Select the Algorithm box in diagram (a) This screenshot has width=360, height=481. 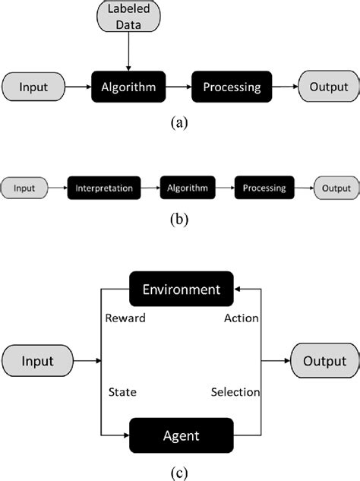click(x=128, y=87)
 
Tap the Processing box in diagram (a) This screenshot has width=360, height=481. click(x=231, y=87)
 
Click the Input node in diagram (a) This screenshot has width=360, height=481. click(x=33, y=87)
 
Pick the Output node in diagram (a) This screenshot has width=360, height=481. click(x=328, y=87)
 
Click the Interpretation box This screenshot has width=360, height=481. click(x=105, y=188)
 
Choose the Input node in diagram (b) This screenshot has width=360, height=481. click(x=25, y=188)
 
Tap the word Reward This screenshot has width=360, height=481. click(x=125, y=318)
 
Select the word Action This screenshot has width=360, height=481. click(x=242, y=318)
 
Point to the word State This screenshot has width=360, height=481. click(x=122, y=392)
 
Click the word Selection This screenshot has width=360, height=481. click(x=235, y=392)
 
